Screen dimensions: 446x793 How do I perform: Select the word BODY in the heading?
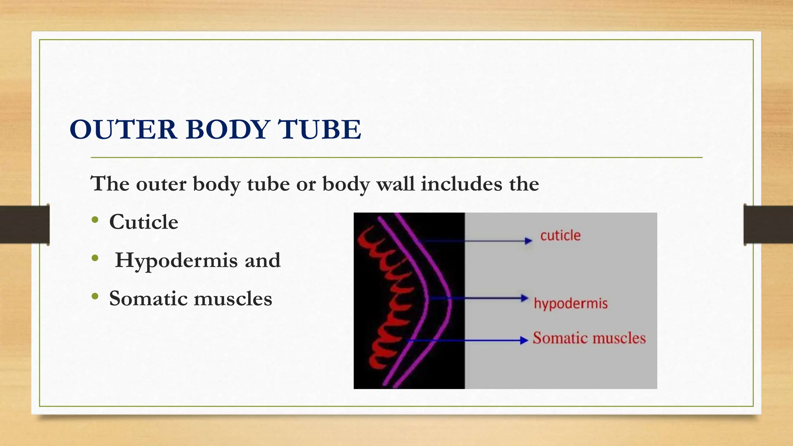click(228, 129)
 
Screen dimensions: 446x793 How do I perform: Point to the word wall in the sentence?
click(395, 184)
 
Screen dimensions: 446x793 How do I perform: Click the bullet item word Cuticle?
click(144, 222)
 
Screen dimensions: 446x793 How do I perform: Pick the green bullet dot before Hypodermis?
click(95, 258)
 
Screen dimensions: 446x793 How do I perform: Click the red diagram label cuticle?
click(560, 235)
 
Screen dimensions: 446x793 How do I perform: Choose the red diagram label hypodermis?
click(570, 303)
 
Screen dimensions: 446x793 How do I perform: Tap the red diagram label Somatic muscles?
click(589, 338)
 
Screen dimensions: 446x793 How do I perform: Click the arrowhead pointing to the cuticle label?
click(529, 241)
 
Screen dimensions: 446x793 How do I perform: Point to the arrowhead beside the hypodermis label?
click(525, 298)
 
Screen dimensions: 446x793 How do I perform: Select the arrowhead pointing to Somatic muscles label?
click(525, 340)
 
